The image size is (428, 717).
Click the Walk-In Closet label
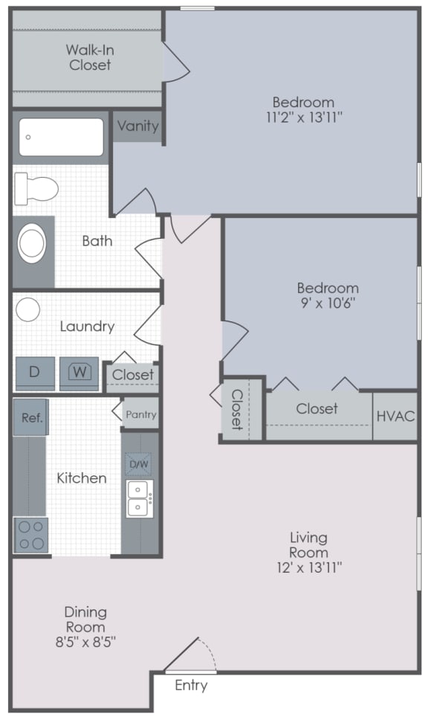(x=89, y=57)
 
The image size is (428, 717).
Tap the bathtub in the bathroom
(x=61, y=137)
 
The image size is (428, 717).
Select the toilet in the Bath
(x=36, y=188)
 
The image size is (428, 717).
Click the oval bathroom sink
(x=32, y=242)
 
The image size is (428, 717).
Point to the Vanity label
(x=137, y=126)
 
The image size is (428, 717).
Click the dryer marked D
(x=34, y=372)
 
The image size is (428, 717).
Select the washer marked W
(x=79, y=372)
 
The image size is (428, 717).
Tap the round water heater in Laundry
(x=28, y=309)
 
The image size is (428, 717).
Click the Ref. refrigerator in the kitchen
(x=31, y=418)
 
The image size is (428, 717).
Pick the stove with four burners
(x=31, y=535)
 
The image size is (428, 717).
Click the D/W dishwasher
(x=139, y=465)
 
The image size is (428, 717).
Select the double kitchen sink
(x=139, y=498)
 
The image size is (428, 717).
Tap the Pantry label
(x=140, y=414)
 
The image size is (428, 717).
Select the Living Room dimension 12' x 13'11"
(x=308, y=568)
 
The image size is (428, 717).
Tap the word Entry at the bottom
(x=191, y=686)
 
